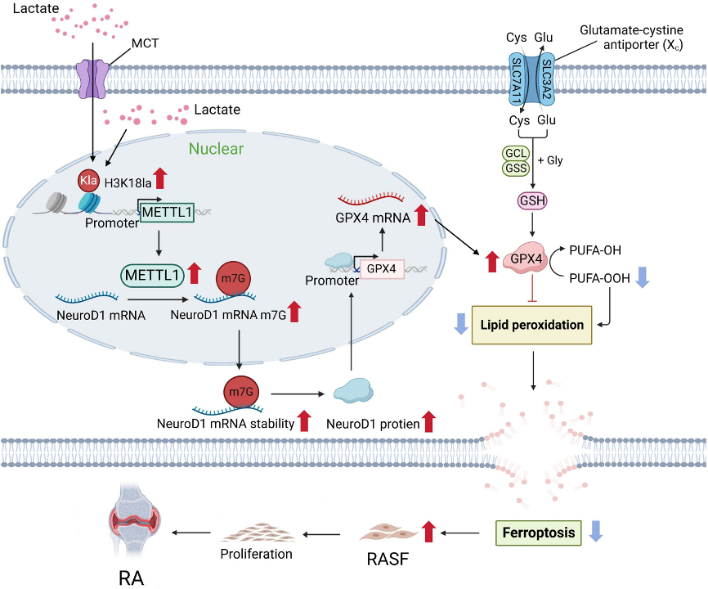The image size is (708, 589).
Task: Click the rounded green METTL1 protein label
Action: tap(153, 276)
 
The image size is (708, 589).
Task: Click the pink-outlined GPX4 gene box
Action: tap(381, 268)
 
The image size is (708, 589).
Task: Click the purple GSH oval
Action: tap(532, 200)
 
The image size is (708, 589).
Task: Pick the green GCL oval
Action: tap(516, 153)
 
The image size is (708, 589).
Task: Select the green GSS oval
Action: tap(516, 169)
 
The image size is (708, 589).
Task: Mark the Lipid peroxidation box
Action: tap(532, 325)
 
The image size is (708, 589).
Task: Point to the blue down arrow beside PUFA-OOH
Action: tap(643, 278)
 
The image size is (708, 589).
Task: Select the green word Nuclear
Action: tap(217, 149)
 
